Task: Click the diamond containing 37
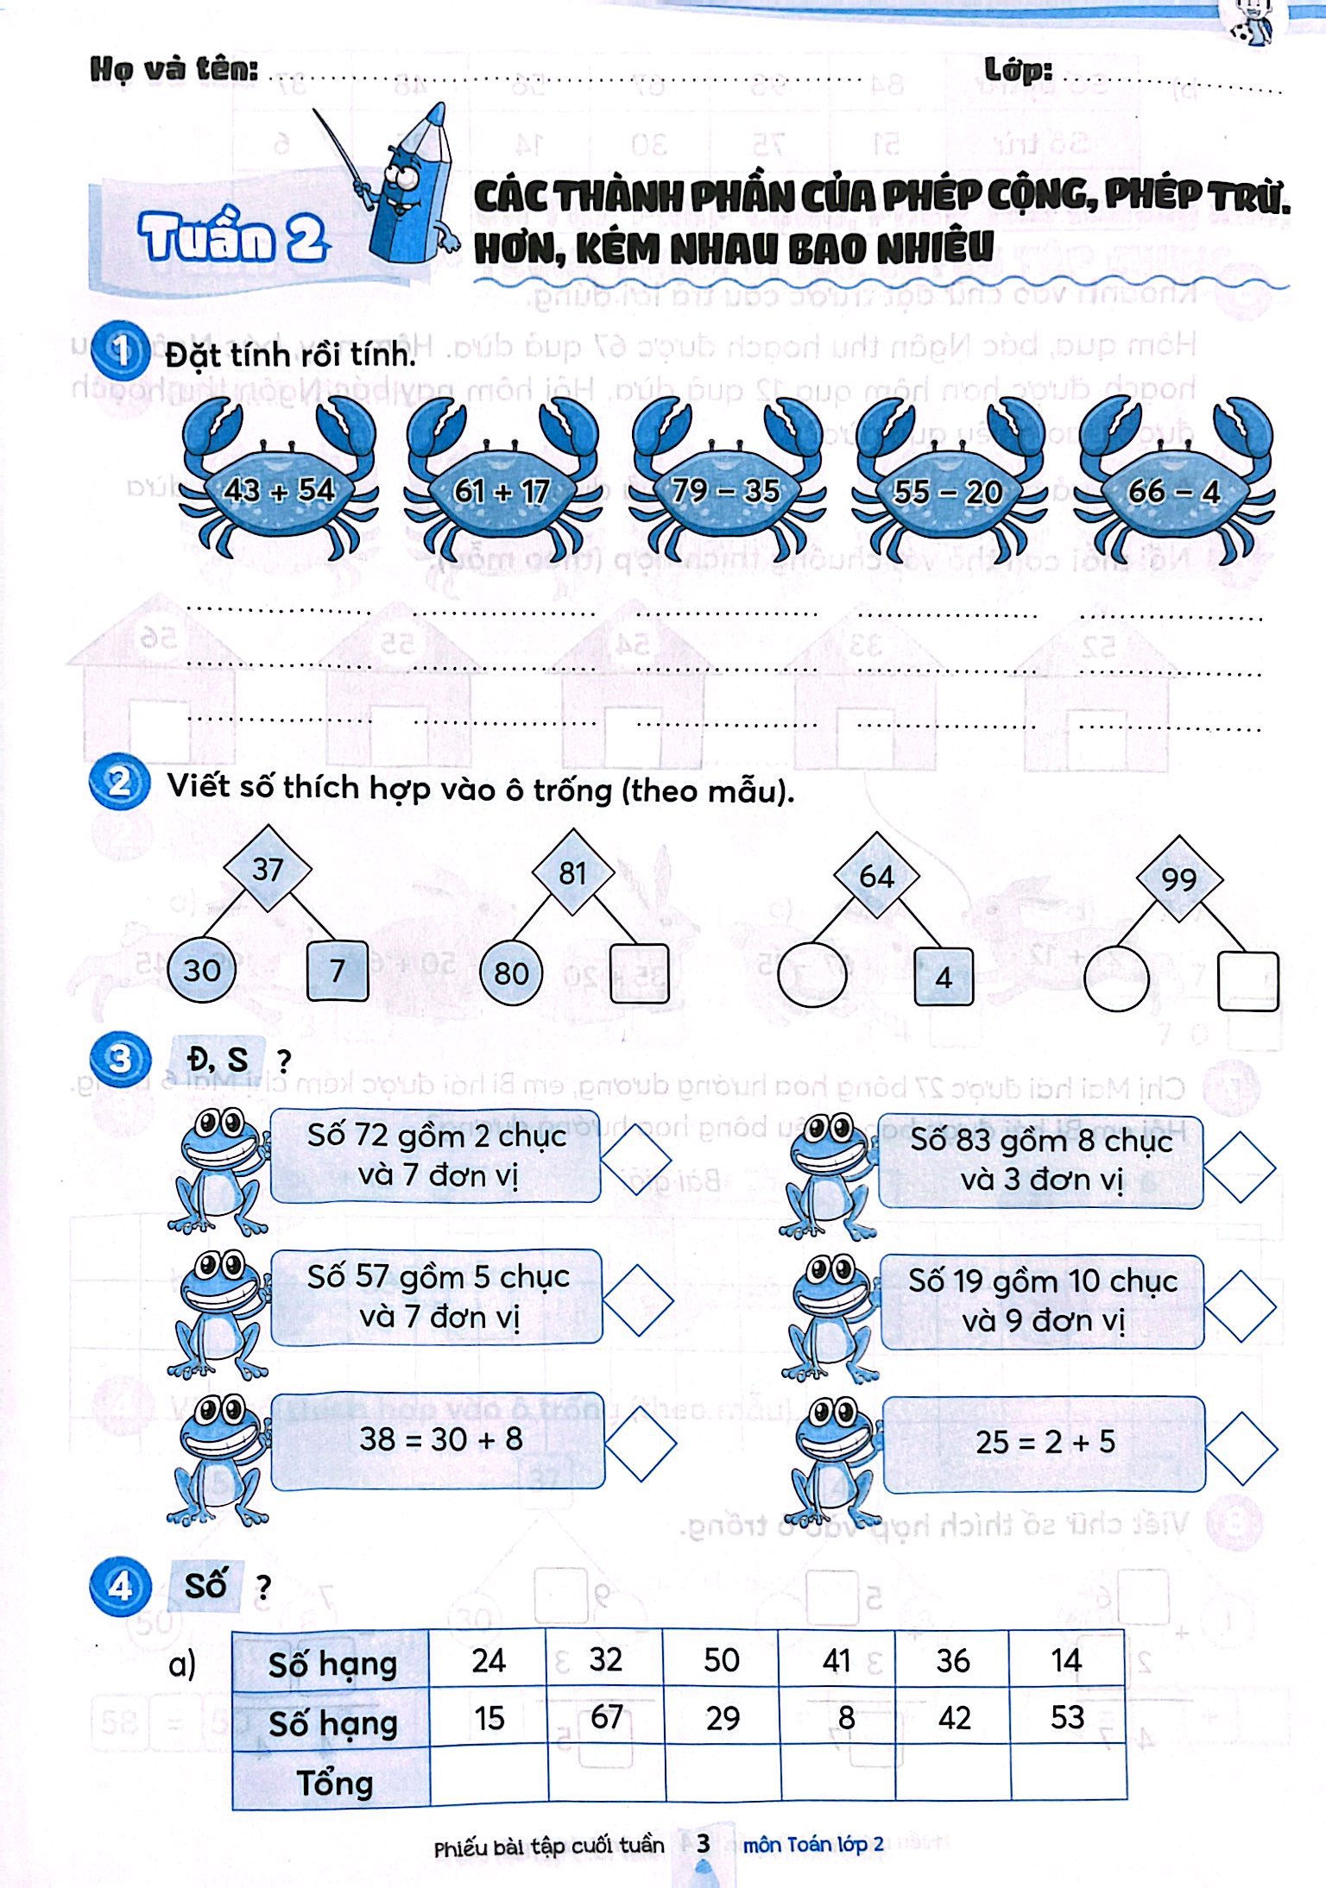tap(268, 869)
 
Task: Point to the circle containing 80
tap(511, 973)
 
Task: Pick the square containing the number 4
tap(944, 977)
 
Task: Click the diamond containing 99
tap(1179, 879)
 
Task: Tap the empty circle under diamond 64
tap(812, 975)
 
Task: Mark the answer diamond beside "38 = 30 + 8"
tap(641, 1444)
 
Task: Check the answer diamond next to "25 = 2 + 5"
tap(1241, 1448)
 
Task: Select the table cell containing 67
tap(606, 1716)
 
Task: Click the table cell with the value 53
tap(1067, 1716)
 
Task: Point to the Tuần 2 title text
tap(233, 236)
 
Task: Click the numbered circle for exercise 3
tap(121, 1059)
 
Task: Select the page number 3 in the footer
tap(704, 1843)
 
